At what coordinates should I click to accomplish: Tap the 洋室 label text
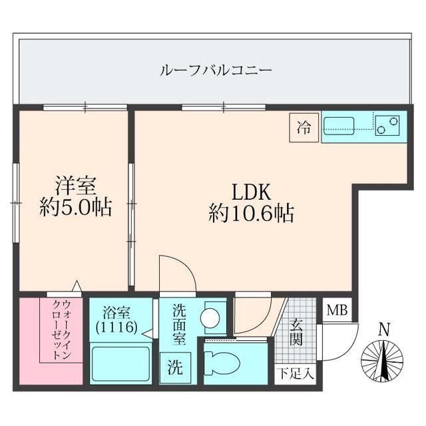[73, 184]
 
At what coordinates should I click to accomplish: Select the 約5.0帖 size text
[73, 208]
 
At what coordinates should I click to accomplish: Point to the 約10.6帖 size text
[250, 214]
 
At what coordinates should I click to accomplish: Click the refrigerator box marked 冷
[304, 127]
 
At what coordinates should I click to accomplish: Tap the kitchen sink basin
[340, 123]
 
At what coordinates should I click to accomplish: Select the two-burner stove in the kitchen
[387, 125]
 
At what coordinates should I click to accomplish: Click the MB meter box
[335, 310]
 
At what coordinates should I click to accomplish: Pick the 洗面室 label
[180, 325]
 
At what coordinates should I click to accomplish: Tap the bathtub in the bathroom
[120, 364]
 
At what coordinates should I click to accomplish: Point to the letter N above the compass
[383, 329]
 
